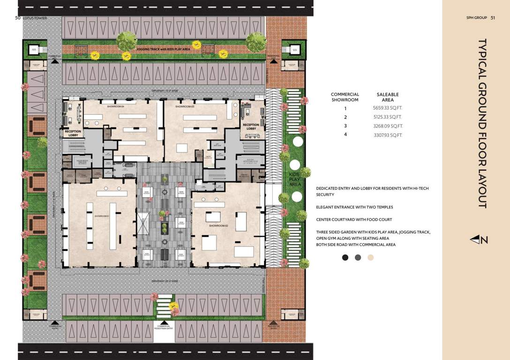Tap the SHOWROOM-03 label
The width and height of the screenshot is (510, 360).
(x=185, y=107)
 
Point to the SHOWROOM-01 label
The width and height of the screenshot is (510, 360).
(x=102, y=216)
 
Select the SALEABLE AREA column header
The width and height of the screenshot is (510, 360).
(x=388, y=97)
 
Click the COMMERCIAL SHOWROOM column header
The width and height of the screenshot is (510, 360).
(x=345, y=97)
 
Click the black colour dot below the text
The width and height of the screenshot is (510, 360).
(x=345, y=257)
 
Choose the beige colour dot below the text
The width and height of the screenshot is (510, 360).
(x=371, y=257)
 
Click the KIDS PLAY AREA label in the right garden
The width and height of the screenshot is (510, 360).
(x=295, y=179)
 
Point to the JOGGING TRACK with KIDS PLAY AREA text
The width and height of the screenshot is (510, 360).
(x=163, y=49)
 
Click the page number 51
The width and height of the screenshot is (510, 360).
(x=493, y=18)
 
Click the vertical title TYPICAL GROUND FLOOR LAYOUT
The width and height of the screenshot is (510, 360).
(x=482, y=123)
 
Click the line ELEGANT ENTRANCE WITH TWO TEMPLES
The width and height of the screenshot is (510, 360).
(x=354, y=207)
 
